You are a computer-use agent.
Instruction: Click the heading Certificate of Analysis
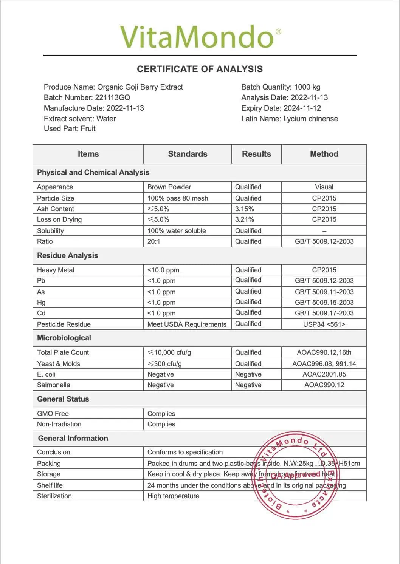200,69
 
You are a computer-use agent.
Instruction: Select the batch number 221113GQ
112,97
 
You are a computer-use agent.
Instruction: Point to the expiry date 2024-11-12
302,108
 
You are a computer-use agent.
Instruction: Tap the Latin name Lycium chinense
310,119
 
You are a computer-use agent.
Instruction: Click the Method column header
324,154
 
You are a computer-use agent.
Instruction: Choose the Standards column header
188,154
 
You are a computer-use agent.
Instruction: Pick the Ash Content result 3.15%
245,209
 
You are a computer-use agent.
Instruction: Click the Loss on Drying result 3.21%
245,219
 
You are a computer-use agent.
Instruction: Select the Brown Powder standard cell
169,187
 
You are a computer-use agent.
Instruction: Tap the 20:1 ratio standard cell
154,241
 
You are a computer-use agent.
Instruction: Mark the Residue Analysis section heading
67,256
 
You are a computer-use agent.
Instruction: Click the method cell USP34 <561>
324,324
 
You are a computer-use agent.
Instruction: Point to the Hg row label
41,303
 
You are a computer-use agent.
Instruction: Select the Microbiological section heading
64,338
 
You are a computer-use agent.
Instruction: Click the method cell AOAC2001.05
324,374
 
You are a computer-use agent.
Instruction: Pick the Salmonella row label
53,385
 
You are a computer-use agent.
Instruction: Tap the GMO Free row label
53,414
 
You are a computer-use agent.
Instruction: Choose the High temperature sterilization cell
173,496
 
